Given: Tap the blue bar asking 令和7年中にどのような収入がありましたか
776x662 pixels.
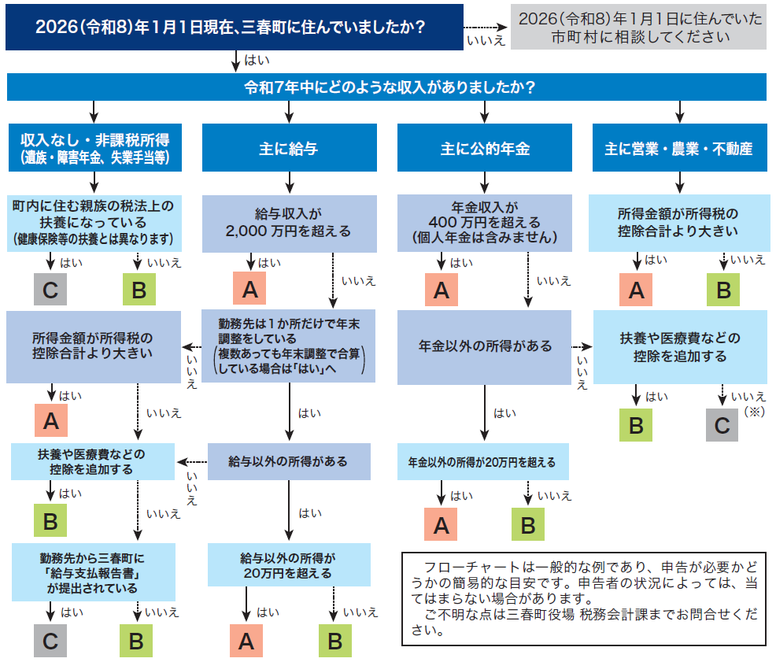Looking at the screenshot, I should tap(386, 87).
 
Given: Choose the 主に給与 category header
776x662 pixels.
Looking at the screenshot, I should tap(288, 148).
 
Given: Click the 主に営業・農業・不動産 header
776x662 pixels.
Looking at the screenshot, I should tap(678, 148).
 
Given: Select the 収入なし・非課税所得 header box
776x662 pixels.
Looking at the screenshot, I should tap(94, 148).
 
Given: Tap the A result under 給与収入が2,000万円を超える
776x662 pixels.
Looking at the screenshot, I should tap(249, 290).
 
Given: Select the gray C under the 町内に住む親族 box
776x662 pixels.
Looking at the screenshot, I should tap(50, 290).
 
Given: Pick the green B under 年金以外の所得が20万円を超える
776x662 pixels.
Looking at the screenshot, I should tap(528, 525).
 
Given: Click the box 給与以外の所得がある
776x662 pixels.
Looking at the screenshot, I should tap(289, 461).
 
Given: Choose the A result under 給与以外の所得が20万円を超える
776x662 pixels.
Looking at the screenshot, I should tap(246, 642).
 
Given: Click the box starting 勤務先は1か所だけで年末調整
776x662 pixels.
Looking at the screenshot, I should tap(288, 346).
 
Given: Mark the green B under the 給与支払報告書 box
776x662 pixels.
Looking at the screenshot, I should tap(136, 642).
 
